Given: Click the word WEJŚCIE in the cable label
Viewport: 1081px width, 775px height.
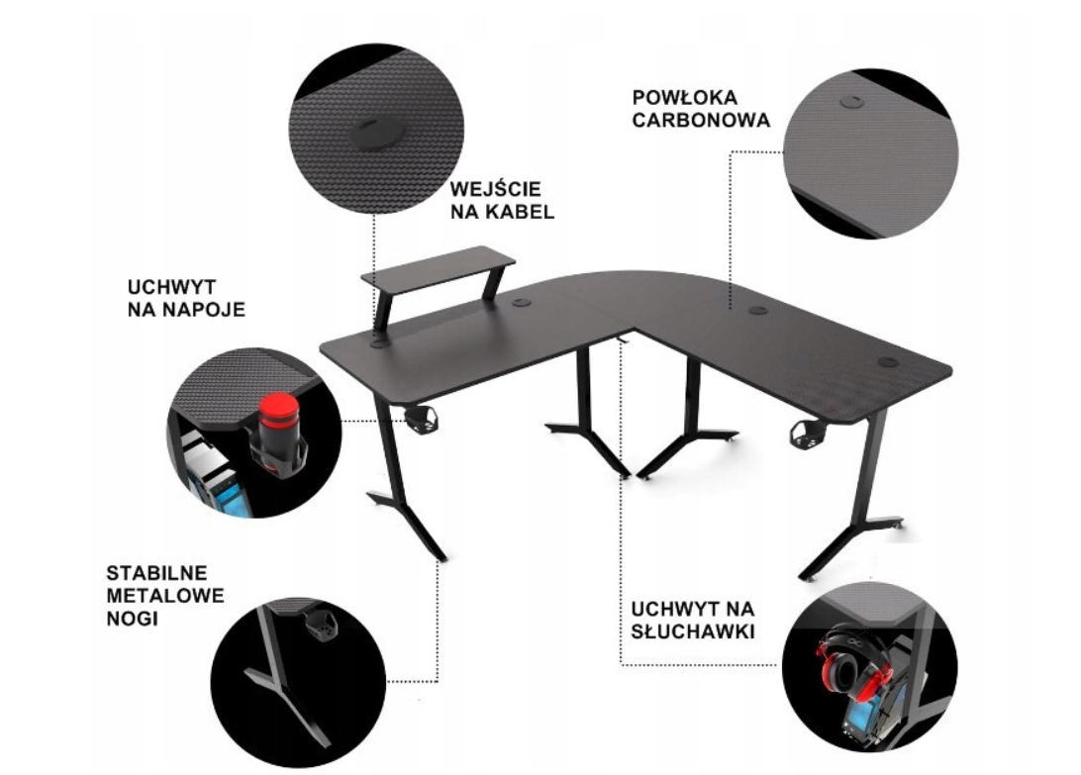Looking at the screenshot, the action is coord(495,189).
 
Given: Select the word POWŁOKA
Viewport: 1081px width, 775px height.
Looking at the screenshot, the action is coord(685,97).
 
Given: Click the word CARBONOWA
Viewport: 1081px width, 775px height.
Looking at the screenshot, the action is coord(701,120).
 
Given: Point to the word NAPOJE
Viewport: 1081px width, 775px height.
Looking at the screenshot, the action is coord(203,310).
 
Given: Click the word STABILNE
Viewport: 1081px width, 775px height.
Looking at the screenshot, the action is coord(156,573).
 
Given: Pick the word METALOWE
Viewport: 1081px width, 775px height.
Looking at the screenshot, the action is coord(165,596).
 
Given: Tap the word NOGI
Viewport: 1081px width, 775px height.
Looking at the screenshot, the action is coord(132,619).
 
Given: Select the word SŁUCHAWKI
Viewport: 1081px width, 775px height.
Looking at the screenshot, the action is coord(693,631).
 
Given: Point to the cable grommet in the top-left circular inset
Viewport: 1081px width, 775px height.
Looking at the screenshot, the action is coord(375,133).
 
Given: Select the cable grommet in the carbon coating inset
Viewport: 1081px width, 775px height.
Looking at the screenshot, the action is coord(852,102).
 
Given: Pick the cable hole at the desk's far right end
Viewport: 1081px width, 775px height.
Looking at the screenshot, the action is coord(887,361).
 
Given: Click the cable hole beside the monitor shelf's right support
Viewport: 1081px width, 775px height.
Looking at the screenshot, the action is coord(521,302).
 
